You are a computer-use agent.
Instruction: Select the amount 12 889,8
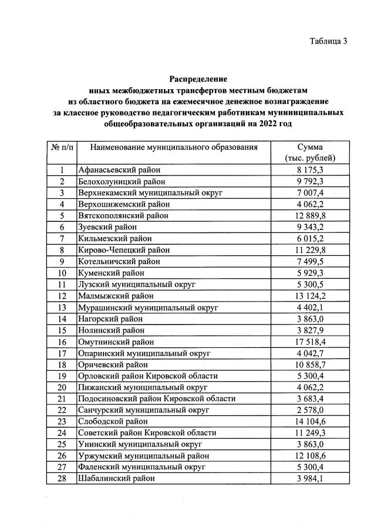310,216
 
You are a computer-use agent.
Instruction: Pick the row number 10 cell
61,273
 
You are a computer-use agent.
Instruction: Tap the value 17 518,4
310,341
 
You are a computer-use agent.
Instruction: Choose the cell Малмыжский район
115,296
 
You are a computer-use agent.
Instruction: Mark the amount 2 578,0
310,410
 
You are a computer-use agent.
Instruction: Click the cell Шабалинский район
117,478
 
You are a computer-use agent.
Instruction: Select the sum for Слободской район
310,421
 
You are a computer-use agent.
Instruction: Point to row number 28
61,478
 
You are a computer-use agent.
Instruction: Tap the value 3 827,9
310,330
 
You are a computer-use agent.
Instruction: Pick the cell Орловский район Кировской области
147,376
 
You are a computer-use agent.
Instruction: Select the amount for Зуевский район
310,227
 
